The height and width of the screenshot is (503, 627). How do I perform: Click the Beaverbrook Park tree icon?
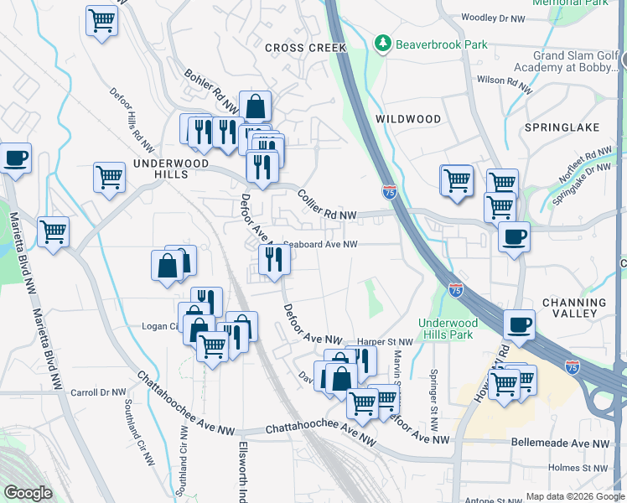pos(383,42)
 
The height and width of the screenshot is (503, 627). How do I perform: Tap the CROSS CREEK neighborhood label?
pos(305,48)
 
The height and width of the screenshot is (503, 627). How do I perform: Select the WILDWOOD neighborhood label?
pos(408,119)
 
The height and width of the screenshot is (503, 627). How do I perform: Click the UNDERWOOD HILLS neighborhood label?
pos(165,167)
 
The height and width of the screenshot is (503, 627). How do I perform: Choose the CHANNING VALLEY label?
pos(574,308)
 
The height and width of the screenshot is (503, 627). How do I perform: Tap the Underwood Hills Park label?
pos(448,329)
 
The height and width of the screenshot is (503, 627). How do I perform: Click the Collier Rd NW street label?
pos(327,205)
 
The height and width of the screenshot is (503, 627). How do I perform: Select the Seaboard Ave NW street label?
pos(320,245)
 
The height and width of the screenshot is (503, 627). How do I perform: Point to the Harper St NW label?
pos(385,342)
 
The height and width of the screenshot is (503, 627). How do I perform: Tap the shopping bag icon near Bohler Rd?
pos(254,107)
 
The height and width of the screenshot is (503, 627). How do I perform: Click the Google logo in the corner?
pos(28,493)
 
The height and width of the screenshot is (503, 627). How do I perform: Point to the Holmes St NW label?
pos(577,468)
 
